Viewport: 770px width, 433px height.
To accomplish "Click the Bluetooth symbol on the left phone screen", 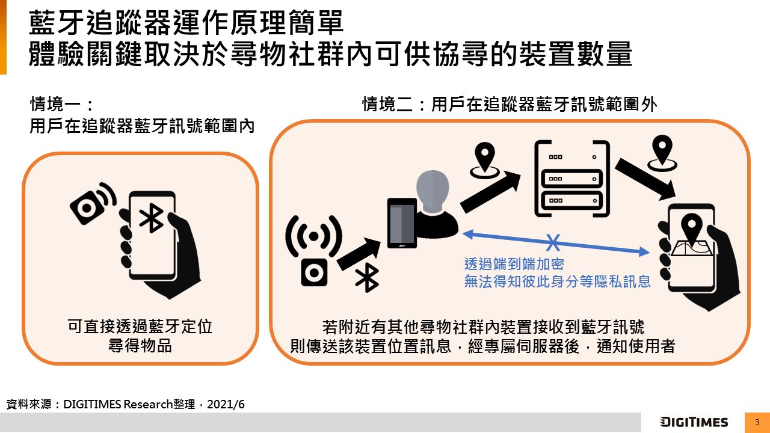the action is click(x=151, y=218).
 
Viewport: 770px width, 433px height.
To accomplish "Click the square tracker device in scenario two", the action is click(x=314, y=273).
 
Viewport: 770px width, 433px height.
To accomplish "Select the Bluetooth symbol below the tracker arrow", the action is click(x=367, y=278).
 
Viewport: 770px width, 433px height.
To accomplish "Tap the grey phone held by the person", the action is click(x=402, y=223).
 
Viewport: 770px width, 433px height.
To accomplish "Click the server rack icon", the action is click(x=572, y=179).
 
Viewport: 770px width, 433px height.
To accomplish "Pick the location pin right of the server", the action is click(x=662, y=153).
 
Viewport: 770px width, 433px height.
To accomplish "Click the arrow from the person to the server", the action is click(x=490, y=193).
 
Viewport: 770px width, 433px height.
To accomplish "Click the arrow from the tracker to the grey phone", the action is click(x=359, y=254).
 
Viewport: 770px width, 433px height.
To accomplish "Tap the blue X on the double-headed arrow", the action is click(x=553, y=242).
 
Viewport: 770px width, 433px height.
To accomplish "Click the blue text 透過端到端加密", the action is click(x=514, y=264).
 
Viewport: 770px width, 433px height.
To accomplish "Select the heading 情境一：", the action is click(x=61, y=104).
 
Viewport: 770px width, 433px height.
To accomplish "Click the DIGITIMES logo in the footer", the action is click(x=694, y=422).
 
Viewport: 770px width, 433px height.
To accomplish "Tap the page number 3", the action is click(x=757, y=422).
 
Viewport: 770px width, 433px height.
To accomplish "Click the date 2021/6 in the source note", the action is click(x=226, y=404).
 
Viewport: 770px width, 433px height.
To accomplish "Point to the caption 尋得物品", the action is click(x=140, y=346).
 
